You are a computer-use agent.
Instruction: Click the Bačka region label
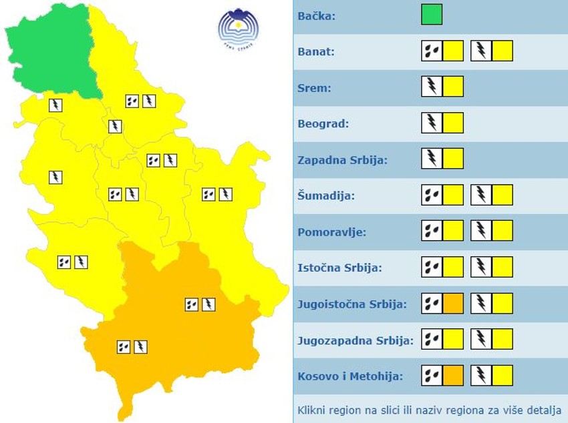(x=317, y=15)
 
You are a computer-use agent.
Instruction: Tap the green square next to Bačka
(x=432, y=15)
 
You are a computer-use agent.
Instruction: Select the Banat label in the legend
(x=316, y=51)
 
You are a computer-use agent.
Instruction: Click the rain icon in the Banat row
(x=432, y=51)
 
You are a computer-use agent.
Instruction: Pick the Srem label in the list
(x=314, y=87)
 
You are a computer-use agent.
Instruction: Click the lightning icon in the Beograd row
(x=432, y=123)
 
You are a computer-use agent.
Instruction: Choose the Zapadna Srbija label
(x=342, y=159)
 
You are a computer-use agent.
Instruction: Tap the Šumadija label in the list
(x=326, y=195)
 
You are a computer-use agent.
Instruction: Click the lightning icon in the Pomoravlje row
(x=481, y=231)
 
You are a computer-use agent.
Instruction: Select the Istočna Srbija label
(x=339, y=268)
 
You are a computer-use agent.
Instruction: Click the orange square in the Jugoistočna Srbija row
(x=453, y=304)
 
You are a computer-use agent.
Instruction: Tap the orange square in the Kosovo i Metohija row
(x=453, y=376)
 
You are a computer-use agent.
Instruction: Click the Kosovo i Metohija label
(x=350, y=376)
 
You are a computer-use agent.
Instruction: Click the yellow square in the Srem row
(x=453, y=87)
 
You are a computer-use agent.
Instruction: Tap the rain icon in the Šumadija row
(x=432, y=195)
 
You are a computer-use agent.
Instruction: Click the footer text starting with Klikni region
(x=429, y=409)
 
